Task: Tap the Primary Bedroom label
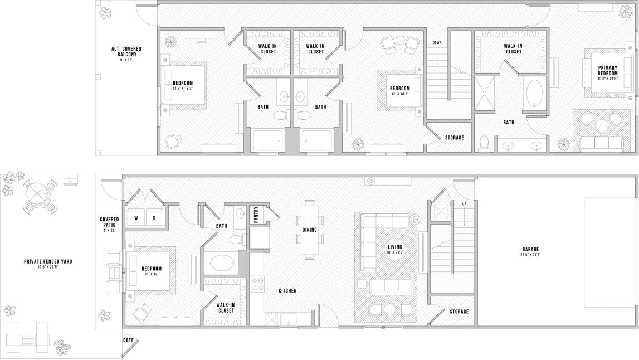click(x=607, y=70)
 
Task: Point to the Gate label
click(x=128, y=339)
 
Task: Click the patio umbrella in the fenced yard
click(x=39, y=194)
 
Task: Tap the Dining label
click(x=310, y=230)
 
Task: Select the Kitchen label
click(x=287, y=290)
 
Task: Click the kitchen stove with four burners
click(x=257, y=283)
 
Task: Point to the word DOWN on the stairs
click(x=437, y=42)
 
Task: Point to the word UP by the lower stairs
click(x=464, y=205)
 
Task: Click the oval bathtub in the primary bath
click(x=535, y=94)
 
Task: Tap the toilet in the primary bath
click(x=484, y=143)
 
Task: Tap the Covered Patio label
click(x=109, y=221)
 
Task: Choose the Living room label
click(x=395, y=247)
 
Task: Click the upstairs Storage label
click(x=453, y=138)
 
